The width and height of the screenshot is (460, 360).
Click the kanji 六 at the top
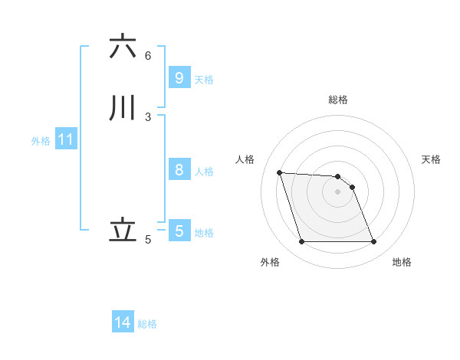(x=123, y=47)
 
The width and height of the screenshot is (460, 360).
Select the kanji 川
(x=123, y=108)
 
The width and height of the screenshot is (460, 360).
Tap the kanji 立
(x=123, y=231)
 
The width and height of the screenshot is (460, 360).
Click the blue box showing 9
(x=179, y=77)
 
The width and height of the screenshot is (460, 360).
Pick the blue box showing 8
(x=179, y=170)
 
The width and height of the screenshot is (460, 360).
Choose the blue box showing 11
(x=66, y=139)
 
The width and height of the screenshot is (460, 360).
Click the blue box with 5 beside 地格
(x=179, y=231)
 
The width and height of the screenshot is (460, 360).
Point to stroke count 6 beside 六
(x=148, y=55)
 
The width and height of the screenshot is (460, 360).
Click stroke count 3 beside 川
(x=148, y=117)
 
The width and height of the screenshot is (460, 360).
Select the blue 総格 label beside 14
(x=147, y=324)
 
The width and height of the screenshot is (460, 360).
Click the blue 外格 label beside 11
(x=41, y=141)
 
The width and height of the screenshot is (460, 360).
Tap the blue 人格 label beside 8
(x=204, y=172)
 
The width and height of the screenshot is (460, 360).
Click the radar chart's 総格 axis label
(x=337, y=100)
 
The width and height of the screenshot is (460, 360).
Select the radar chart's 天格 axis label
(x=431, y=159)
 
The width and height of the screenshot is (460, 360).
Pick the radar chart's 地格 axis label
(x=402, y=262)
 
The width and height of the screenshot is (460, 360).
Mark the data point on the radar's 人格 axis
(x=280, y=172)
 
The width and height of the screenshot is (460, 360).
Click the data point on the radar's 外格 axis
(x=301, y=242)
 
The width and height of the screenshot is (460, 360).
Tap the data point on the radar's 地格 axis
(x=374, y=242)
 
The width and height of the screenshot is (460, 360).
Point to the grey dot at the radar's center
(x=337, y=191)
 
